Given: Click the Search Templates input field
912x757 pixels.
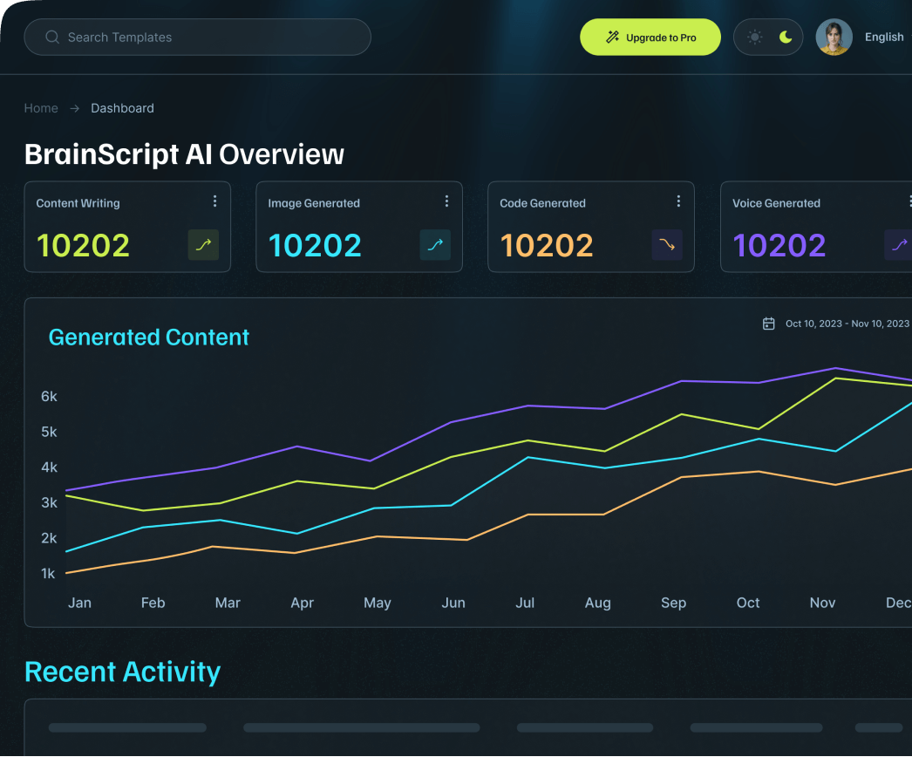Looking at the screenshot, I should [197, 38].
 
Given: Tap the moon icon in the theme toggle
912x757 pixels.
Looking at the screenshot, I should [786, 38].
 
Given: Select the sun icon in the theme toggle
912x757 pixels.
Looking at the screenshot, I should [754, 38].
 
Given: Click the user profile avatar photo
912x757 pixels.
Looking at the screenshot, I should [834, 38].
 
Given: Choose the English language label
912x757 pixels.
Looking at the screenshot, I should [883, 38].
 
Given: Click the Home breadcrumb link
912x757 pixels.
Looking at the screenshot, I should [41, 108].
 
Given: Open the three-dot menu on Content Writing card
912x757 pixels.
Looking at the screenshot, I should [215, 201].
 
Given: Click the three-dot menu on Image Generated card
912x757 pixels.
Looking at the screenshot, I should [447, 201].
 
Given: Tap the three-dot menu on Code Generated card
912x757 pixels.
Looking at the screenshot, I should [679, 201].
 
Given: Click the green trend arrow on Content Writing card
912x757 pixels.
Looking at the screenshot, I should [203, 245].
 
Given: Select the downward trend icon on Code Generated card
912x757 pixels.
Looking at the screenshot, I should [667, 245].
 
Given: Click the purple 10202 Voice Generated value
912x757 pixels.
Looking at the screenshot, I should [779, 246].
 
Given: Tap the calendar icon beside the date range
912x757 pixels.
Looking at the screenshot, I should [769, 324].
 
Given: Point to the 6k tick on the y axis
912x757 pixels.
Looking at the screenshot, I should [49, 397].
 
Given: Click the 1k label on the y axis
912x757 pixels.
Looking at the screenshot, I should [49, 574].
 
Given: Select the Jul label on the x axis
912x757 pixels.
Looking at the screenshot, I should [525, 603].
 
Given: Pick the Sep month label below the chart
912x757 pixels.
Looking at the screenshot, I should [673, 603].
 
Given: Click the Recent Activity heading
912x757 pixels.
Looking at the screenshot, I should [123, 672].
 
